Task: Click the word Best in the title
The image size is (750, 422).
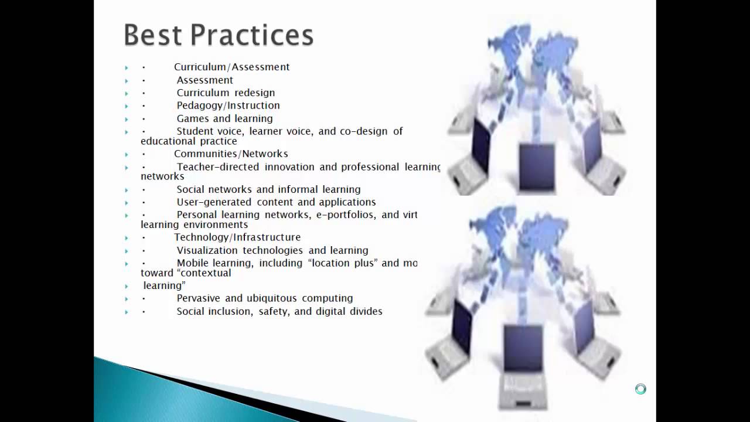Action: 152,35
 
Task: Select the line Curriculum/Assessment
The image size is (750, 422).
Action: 231,67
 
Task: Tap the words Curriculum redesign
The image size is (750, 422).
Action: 226,93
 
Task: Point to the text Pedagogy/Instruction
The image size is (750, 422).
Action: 228,105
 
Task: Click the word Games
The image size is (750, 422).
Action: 192,118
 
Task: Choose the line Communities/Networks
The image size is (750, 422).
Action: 231,154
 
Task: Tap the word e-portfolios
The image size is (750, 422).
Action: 345,215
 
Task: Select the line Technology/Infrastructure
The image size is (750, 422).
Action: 237,237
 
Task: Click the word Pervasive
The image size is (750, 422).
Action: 199,298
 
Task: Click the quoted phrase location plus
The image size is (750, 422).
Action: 343,263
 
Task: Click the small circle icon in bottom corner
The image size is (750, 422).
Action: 640,389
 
